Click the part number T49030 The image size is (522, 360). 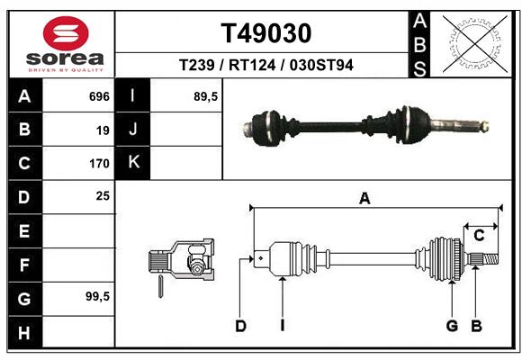tap(265, 33)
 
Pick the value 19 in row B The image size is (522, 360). tap(103, 130)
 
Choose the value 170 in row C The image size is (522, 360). tap(99, 164)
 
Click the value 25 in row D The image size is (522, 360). tap(103, 195)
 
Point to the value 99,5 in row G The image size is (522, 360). tap(97, 296)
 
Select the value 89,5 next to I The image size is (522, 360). tap(207, 95)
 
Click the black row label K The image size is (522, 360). tap(134, 163)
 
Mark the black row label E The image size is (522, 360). tap(24, 230)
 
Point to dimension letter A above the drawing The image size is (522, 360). tap(364, 199)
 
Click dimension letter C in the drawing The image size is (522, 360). tap(480, 236)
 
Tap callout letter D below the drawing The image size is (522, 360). tap(240, 326)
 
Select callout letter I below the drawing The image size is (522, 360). tap(282, 326)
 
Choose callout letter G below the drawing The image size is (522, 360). tap(453, 326)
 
